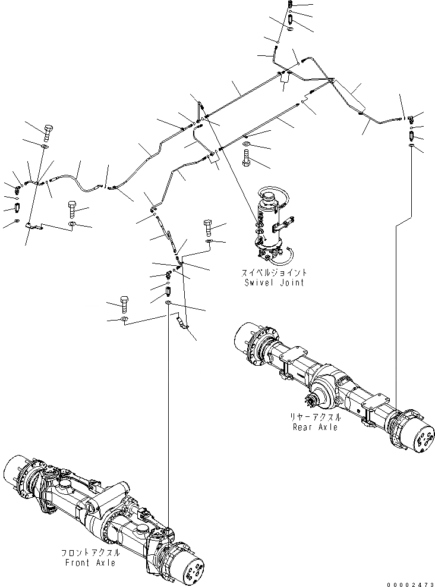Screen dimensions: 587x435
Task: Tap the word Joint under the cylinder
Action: (x=292, y=282)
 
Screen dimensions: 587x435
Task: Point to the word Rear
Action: (x=303, y=426)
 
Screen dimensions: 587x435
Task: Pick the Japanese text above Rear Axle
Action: (x=315, y=417)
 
